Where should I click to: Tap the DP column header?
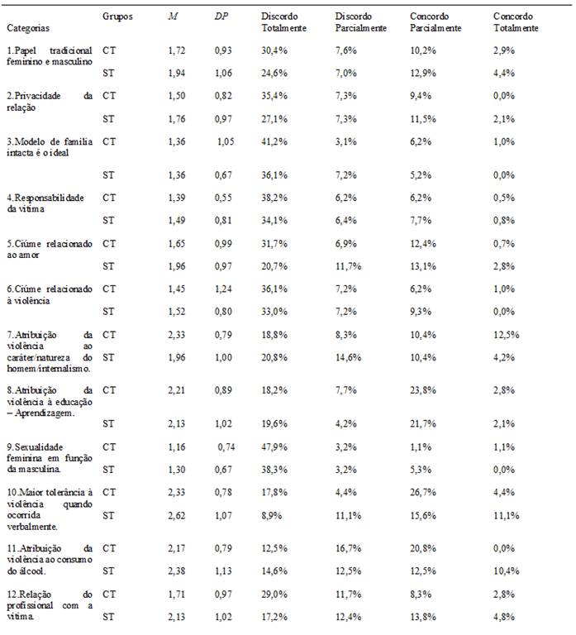tap(221, 16)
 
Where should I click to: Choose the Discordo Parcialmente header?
tap(360, 21)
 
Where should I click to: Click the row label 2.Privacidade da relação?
tap(50, 101)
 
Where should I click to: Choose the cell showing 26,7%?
tap(425, 492)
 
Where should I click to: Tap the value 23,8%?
tap(425, 388)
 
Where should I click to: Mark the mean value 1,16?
tap(177, 446)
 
